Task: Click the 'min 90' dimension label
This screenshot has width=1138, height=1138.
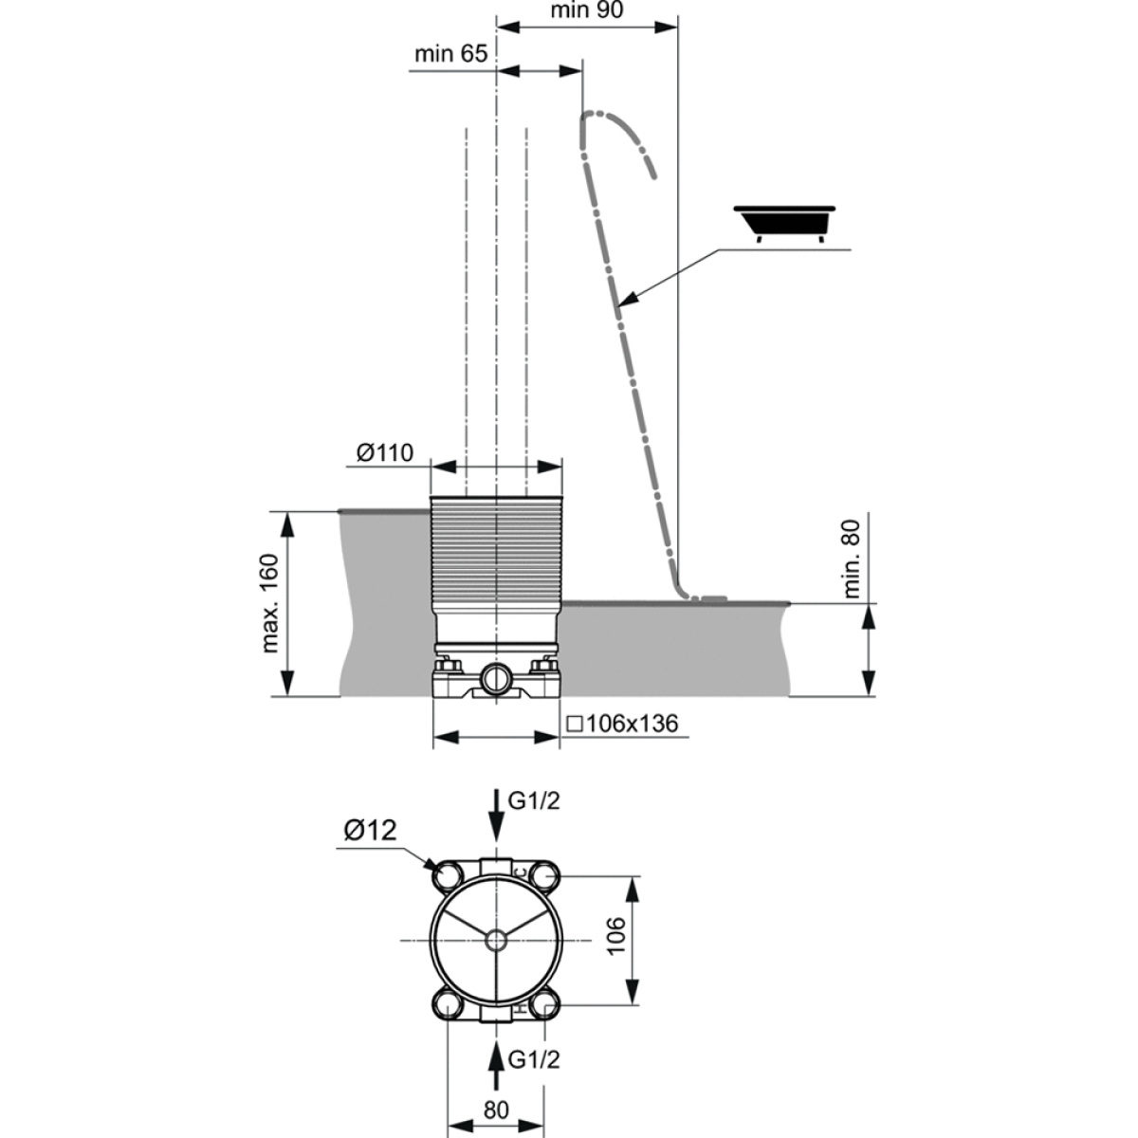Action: (x=586, y=10)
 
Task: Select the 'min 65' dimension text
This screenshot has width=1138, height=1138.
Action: (x=451, y=54)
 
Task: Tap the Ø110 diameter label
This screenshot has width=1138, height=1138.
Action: (x=385, y=453)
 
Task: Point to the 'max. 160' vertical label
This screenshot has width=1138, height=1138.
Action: (x=269, y=603)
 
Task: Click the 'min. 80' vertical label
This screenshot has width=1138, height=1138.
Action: (x=853, y=560)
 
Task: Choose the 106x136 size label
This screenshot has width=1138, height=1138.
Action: (x=622, y=724)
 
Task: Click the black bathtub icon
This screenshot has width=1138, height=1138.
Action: (x=784, y=224)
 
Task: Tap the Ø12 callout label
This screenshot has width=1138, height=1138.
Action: (x=370, y=831)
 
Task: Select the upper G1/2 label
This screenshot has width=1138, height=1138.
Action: (x=534, y=801)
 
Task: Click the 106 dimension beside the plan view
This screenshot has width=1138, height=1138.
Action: (x=615, y=951)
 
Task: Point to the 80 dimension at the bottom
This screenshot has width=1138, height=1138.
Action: (x=496, y=1093)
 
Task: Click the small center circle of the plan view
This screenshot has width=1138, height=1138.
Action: (x=496, y=957)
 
